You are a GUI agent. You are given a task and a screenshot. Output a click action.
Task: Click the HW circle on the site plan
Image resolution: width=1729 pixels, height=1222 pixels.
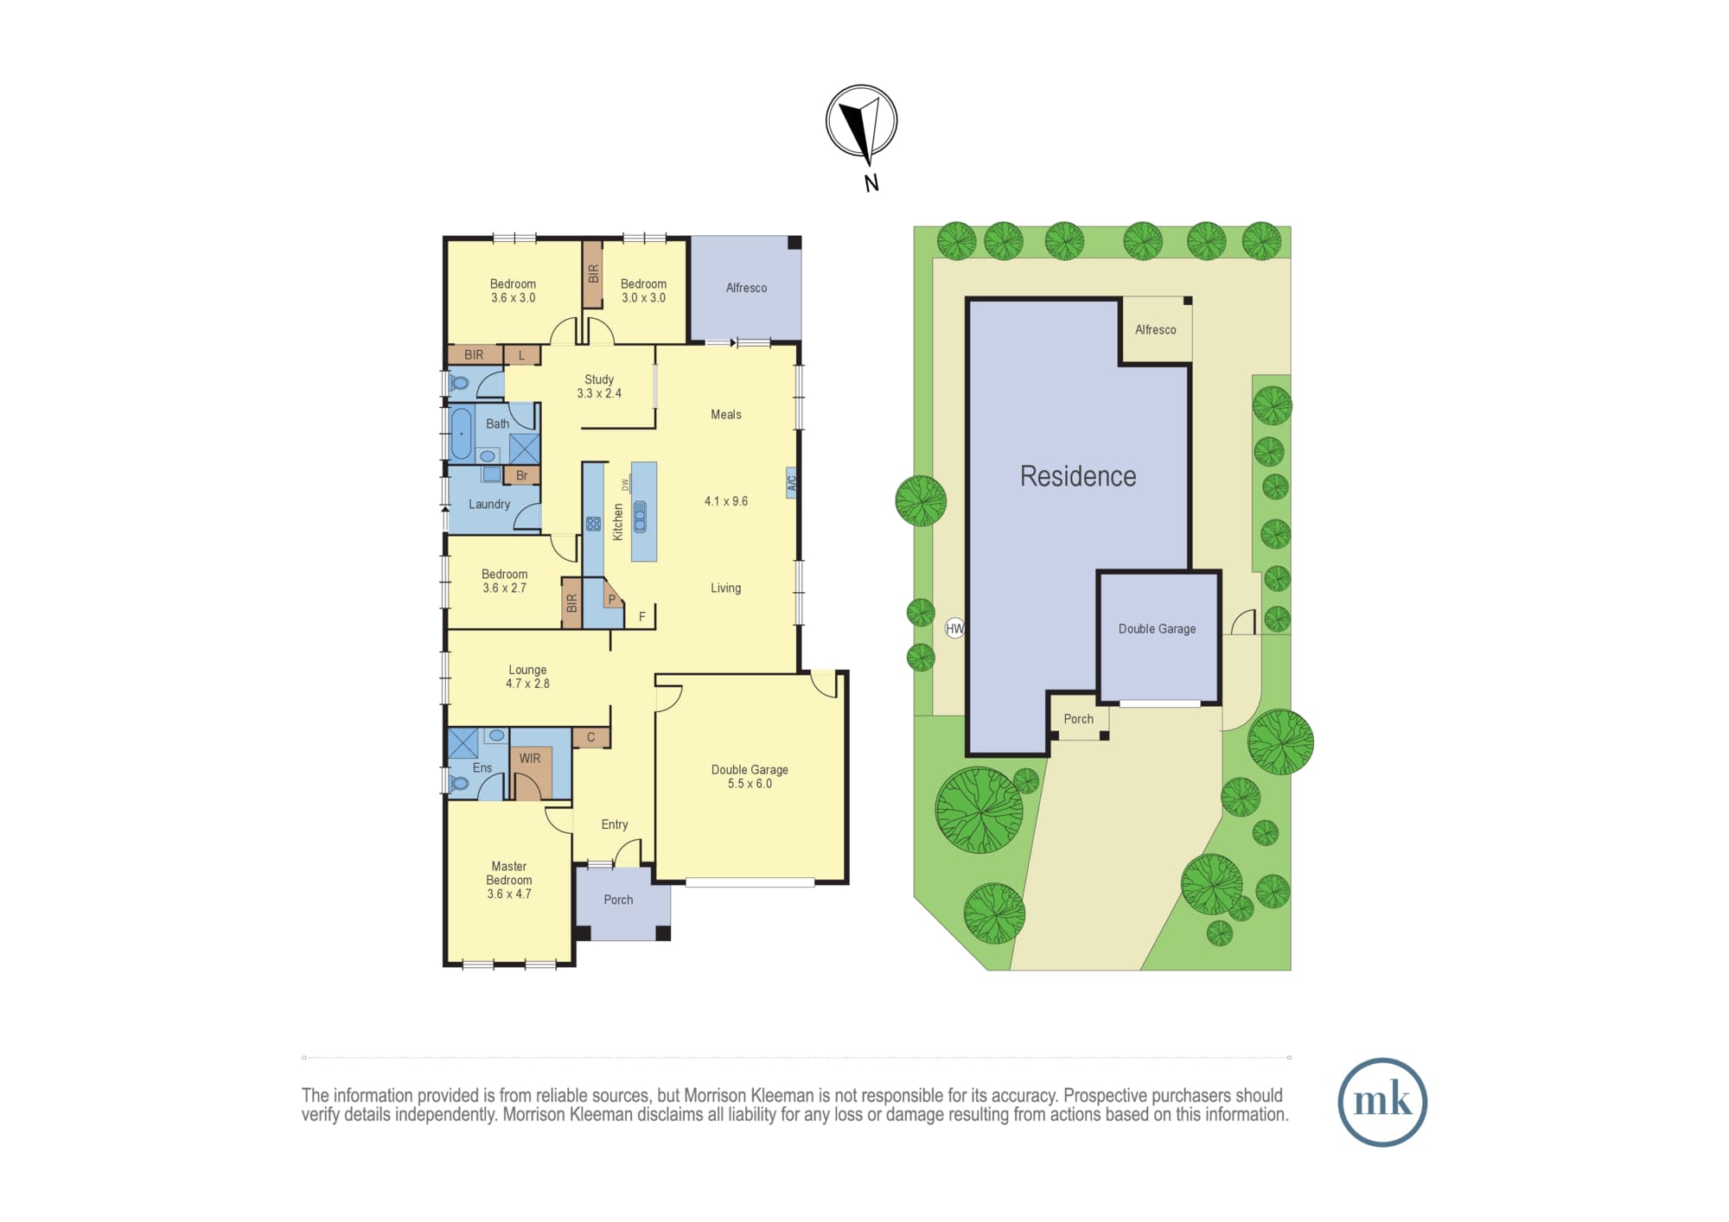click(954, 628)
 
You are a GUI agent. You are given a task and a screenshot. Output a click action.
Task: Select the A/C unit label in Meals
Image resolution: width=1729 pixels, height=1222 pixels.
click(791, 482)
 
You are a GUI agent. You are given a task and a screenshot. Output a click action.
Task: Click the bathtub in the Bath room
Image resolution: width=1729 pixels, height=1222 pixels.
click(462, 433)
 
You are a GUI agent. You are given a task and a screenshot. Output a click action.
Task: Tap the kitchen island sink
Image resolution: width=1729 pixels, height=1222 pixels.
click(641, 516)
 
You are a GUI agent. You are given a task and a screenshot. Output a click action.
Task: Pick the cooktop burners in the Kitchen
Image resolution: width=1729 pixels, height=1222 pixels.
click(593, 523)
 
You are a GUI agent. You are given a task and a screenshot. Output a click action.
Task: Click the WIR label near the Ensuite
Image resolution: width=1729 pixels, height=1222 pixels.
click(530, 758)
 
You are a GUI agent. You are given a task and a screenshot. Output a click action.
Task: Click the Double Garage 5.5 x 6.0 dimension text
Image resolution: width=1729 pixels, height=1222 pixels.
click(750, 784)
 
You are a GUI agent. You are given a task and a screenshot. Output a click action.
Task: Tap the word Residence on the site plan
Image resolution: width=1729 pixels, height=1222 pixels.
click(1078, 476)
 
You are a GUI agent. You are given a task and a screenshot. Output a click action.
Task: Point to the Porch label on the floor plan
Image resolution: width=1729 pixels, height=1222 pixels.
click(618, 900)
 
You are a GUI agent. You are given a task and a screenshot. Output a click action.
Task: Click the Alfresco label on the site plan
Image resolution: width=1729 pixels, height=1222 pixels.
click(1155, 329)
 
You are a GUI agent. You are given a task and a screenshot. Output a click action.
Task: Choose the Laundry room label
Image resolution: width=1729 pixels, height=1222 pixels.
click(489, 504)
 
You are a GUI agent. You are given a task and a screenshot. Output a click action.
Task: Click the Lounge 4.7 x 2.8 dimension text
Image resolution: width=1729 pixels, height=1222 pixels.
click(527, 684)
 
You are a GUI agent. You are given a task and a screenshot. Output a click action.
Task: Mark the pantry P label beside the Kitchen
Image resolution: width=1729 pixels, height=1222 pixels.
click(612, 599)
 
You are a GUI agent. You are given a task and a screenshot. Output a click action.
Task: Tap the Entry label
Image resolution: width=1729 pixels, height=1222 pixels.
click(615, 824)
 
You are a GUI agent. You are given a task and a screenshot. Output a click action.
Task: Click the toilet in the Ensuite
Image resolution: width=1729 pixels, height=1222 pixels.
click(458, 784)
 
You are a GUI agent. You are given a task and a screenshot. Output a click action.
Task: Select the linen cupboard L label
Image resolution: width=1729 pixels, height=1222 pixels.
click(521, 355)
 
